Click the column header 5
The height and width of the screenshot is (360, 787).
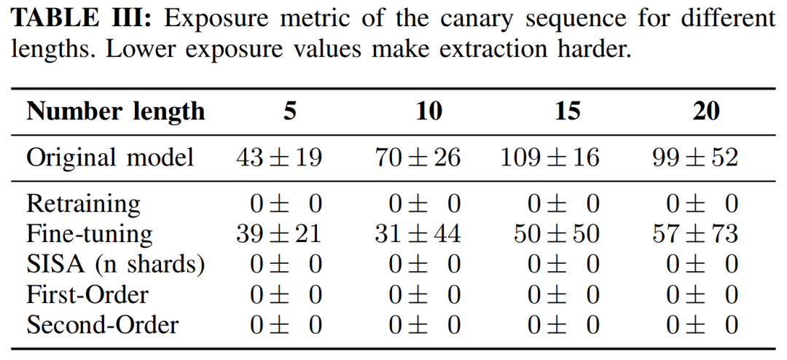tap(290, 111)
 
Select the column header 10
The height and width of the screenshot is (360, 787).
tap(428, 111)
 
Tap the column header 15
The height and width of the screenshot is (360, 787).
tap(567, 111)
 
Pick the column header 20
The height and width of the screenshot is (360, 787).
tap(705, 111)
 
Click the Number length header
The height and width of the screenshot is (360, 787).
tap(116, 111)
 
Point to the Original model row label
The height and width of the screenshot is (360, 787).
tap(110, 157)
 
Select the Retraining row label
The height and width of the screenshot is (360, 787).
tap(83, 203)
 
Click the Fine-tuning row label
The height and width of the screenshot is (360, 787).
tap(90, 234)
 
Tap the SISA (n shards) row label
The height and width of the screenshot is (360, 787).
tap(115, 265)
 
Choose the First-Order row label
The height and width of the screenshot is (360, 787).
tap(87, 294)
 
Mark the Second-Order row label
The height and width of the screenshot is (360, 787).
tap(102, 325)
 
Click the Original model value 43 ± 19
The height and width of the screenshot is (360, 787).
tap(279, 157)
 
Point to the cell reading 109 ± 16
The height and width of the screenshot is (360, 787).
tap(550, 157)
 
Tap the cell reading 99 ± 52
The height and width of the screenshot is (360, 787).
tap(695, 157)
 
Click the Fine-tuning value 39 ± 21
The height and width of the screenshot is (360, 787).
tap(279, 234)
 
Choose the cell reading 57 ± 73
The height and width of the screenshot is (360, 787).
tap(695, 234)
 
